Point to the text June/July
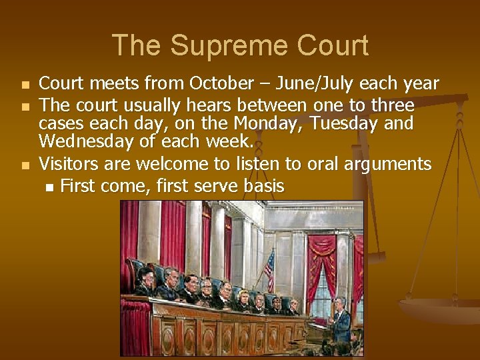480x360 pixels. pyautogui.click(x=315, y=84)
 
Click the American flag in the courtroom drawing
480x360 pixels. pyautogui.click(x=269, y=268)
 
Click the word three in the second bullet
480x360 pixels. pyautogui.click(x=393, y=106)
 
